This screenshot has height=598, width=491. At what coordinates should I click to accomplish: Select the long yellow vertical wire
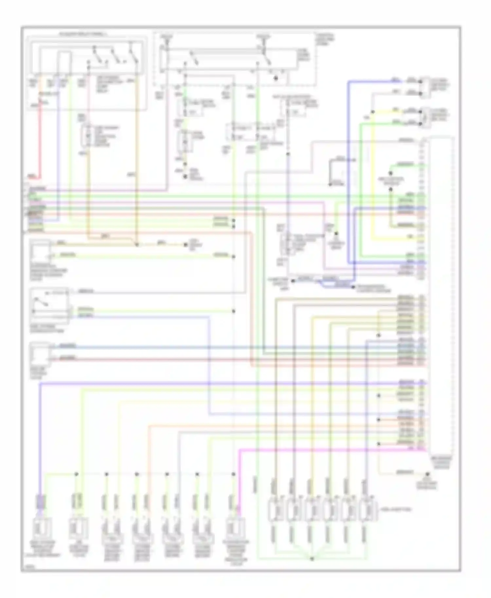(373, 183)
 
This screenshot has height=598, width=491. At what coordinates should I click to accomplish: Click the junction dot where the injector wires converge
(312, 559)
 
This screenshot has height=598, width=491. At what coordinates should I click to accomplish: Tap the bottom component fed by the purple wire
(42, 527)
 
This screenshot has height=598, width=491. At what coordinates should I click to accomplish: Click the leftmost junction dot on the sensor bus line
(76, 474)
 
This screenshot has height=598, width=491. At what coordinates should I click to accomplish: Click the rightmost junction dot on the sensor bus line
(233, 474)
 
